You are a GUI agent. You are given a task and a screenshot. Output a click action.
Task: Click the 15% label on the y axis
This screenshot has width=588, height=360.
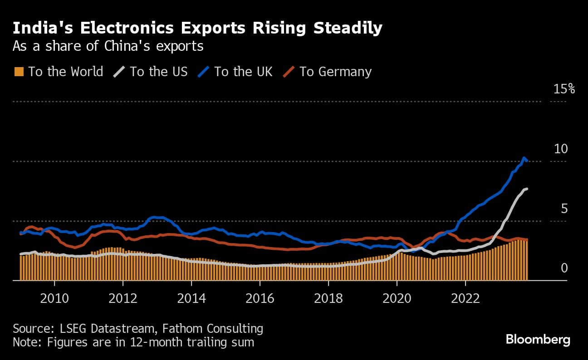(564, 89)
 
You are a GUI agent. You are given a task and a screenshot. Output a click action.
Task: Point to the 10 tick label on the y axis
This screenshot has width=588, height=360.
(561, 149)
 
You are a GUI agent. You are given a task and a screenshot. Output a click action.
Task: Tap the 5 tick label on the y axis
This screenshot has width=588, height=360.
(564, 209)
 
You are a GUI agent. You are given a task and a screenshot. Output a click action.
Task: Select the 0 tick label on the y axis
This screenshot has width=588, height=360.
(564, 268)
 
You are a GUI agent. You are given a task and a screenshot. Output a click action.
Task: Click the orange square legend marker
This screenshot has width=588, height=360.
(19, 72)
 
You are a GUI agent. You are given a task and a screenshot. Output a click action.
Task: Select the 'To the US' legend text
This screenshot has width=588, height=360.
(158, 72)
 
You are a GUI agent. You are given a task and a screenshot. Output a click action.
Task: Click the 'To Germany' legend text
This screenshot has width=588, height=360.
(335, 72)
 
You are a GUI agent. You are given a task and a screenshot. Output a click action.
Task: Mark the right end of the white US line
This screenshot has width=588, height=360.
(527, 189)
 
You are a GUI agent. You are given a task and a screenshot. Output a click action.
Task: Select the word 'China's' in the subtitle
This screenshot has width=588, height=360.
(137, 46)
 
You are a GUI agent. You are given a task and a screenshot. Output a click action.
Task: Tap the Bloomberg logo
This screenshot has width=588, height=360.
(538, 340)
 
